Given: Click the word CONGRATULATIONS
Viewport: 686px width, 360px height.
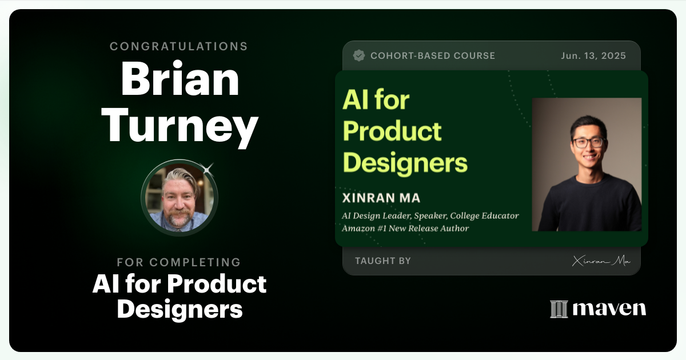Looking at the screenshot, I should [x=179, y=46].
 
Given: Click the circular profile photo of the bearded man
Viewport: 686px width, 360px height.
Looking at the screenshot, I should [x=179, y=198].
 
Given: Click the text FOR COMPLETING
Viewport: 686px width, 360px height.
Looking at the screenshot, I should [x=179, y=262].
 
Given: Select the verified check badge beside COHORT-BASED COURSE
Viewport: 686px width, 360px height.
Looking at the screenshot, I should [x=359, y=55].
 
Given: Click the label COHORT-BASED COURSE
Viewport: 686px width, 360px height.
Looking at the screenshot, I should [x=433, y=55].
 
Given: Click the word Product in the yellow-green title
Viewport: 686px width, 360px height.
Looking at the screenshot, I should [x=392, y=131].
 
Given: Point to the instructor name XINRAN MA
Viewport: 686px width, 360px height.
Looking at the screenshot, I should [x=381, y=198].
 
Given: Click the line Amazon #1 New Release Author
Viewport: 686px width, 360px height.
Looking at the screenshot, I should [x=405, y=228].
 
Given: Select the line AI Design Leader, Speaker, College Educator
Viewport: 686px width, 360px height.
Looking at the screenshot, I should [x=430, y=216].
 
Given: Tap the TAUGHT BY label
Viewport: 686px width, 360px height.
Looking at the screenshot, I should [x=382, y=261].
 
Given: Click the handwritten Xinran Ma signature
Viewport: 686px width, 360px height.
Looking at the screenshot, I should [x=601, y=261].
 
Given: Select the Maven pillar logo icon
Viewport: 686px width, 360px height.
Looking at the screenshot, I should [x=559, y=309].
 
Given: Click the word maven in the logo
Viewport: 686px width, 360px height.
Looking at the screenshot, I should [x=609, y=309].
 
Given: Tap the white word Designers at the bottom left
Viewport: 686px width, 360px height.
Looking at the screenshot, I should [x=180, y=309].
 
